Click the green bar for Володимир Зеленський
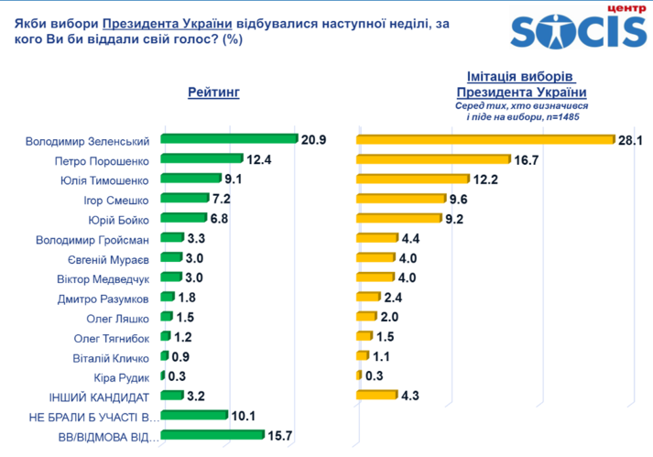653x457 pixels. (x=230, y=139)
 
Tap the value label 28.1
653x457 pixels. (x=632, y=139)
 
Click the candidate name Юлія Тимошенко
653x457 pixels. (x=106, y=180)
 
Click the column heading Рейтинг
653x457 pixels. (x=213, y=92)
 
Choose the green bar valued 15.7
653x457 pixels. (x=212, y=435)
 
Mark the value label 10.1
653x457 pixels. (x=244, y=416)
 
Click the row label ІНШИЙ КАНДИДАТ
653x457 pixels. (x=99, y=397)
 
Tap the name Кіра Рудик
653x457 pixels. (x=121, y=376)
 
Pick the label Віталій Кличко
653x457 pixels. (x=110, y=357)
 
